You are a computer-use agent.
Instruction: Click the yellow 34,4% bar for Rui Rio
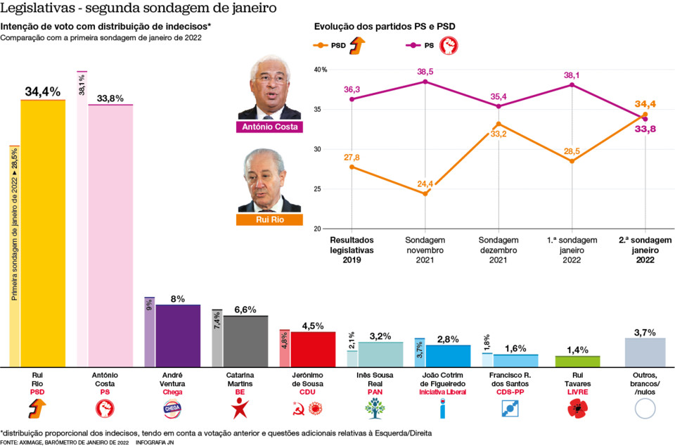click(43, 232)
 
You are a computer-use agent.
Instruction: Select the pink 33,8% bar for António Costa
click(110, 236)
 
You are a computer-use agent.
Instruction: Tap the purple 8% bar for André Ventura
click(177, 336)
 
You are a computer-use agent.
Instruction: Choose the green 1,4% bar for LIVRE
click(577, 361)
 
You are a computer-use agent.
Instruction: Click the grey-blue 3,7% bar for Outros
click(645, 352)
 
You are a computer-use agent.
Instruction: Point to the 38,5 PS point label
click(425, 72)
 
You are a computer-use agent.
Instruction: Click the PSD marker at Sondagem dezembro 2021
click(499, 124)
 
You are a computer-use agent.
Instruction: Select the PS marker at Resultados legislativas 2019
click(352, 99)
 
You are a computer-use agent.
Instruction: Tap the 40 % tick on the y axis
click(321, 70)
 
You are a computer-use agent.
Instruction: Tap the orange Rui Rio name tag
click(269, 220)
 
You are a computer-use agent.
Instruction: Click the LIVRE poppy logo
click(577, 407)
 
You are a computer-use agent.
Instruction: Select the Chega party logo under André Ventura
click(172, 407)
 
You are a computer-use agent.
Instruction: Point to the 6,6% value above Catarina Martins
click(245, 310)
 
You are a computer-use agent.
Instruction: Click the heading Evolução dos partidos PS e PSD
click(384, 26)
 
